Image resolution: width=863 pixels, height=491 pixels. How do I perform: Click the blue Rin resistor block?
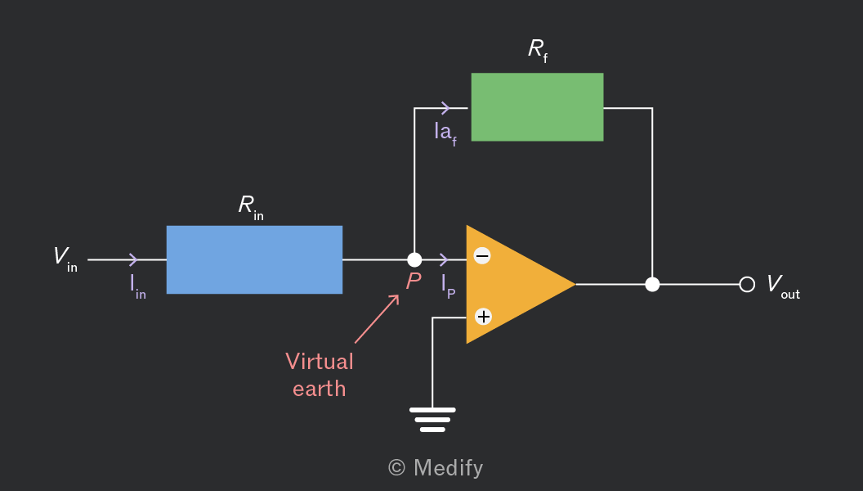[x=254, y=259]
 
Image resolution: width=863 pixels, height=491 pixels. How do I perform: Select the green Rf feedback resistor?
[x=537, y=107]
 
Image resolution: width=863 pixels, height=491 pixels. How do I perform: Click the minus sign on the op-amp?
[x=482, y=255]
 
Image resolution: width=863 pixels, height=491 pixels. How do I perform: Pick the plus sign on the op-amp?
[x=483, y=317]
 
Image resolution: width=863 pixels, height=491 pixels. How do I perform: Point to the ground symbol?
[x=432, y=420]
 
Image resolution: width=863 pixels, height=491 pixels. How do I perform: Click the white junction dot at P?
[x=414, y=259]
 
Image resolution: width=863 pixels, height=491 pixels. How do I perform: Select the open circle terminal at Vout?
[x=747, y=284]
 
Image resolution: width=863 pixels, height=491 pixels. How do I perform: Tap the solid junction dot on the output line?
[x=652, y=284]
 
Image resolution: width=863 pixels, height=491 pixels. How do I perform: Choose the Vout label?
[x=783, y=286]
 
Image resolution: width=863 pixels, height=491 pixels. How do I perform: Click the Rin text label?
[x=251, y=207]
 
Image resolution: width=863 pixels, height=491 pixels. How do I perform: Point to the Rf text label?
[x=538, y=50]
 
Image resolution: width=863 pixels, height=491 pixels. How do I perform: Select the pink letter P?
[x=414, y=281]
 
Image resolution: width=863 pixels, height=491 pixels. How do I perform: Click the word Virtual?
[x=320, y=362]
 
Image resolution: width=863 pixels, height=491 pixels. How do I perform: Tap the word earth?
[x=320, y=389]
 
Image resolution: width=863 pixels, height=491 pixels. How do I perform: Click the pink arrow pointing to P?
[x=377, y=319]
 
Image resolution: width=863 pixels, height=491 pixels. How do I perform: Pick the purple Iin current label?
[x=138, y=286]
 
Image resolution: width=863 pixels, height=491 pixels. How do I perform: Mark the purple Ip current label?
[x=449, y=286]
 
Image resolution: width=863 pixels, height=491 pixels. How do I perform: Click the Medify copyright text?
[x=436, y=468]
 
